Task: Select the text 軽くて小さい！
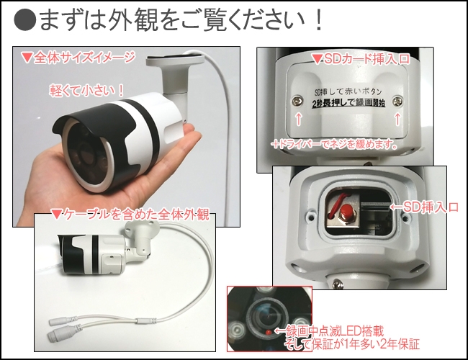(x=88, y=90)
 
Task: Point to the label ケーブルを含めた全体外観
(x=130, y=214)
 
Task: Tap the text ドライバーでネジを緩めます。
(x=339, y=144)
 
